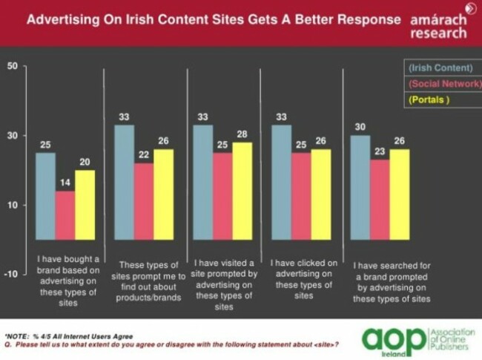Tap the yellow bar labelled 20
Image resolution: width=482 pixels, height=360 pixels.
pos(85,204)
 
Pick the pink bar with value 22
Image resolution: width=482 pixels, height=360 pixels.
pos(143,200)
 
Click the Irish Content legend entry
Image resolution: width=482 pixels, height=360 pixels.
pos(440,69)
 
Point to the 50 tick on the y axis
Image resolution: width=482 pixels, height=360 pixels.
pos(12,66)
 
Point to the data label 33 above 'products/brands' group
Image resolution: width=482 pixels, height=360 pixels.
pos(123,117)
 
